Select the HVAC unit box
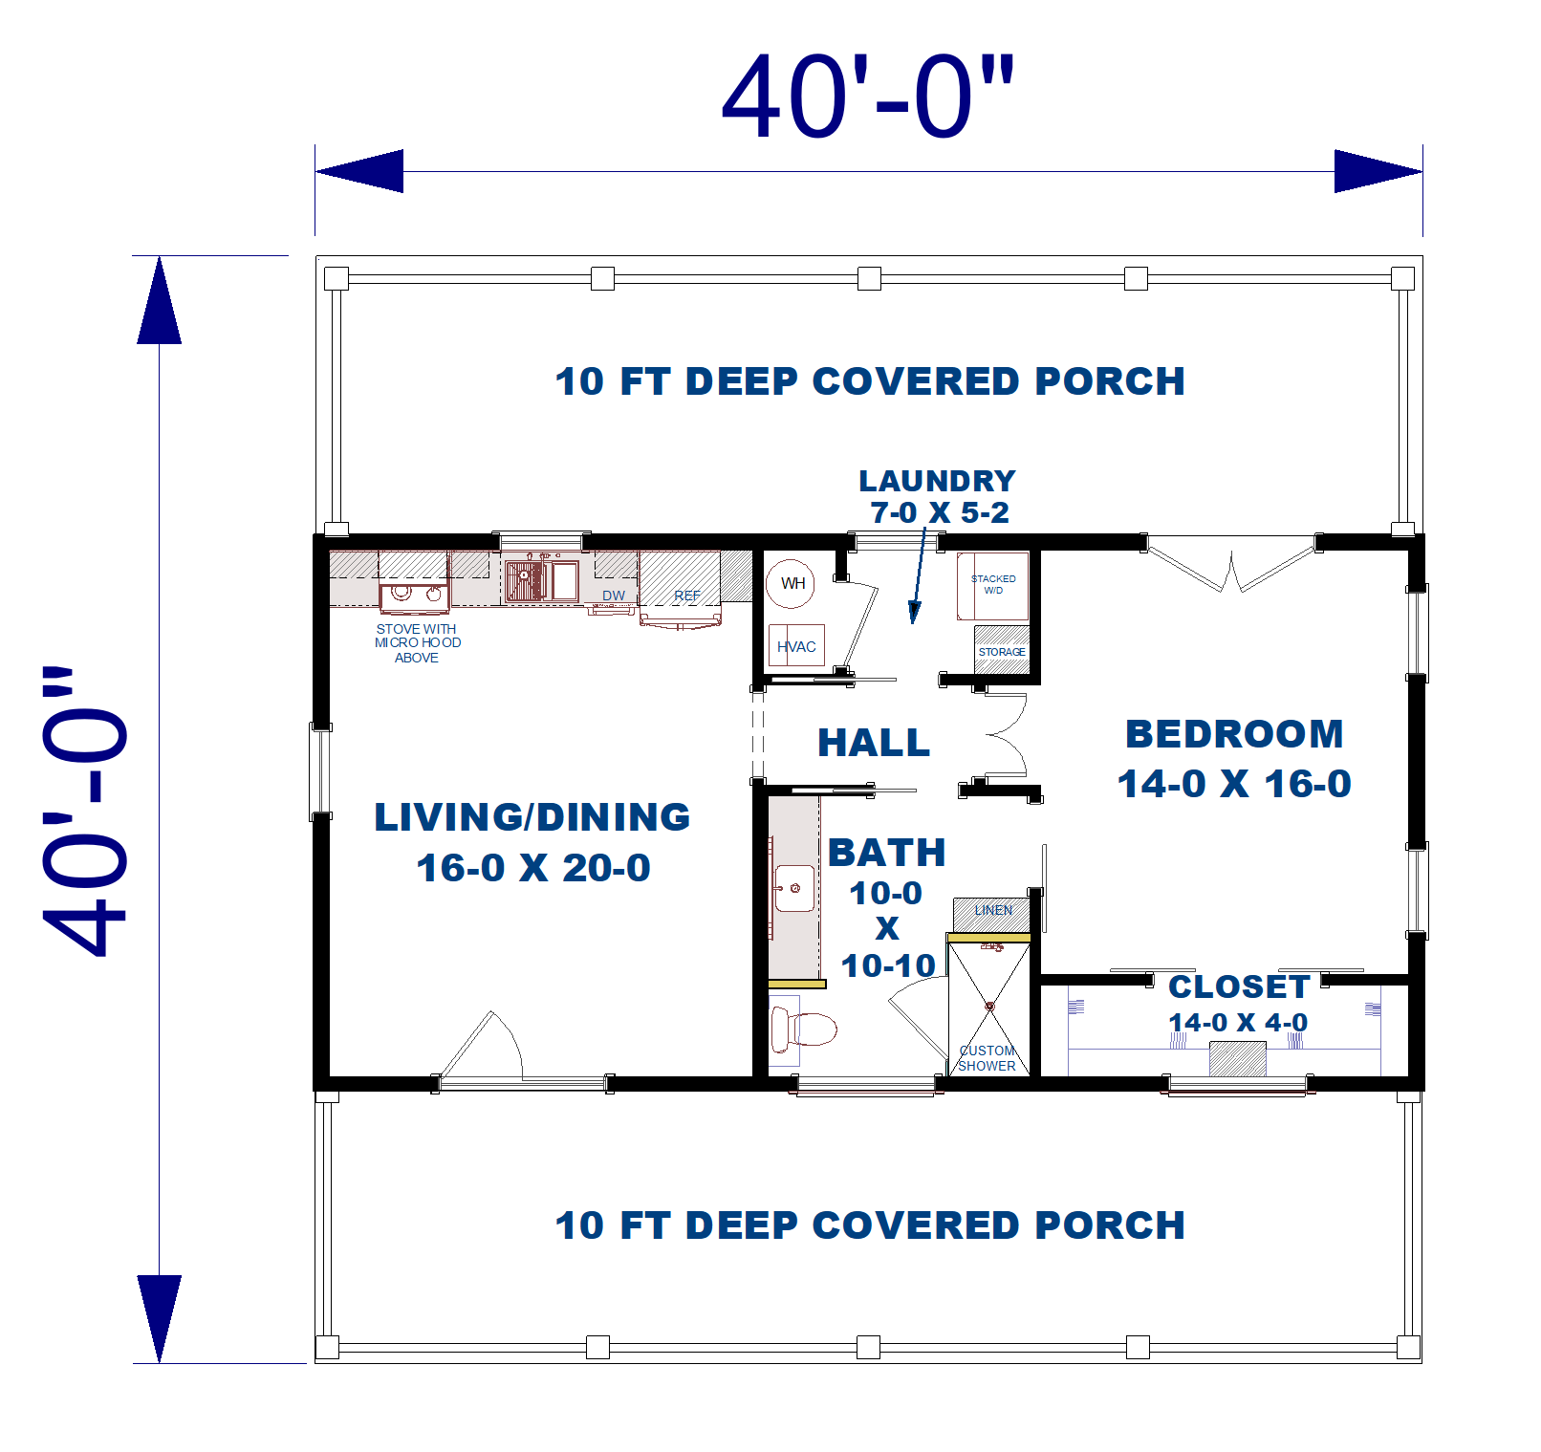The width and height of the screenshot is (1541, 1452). point(796,646)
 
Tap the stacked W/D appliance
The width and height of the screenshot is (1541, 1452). point(993,585)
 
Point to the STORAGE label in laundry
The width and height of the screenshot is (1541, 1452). point(1001,652)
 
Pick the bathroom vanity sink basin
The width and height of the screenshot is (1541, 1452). point(794,888)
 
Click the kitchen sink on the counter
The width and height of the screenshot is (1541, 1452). point(541,580)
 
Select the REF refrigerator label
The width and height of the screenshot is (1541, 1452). point(686,596)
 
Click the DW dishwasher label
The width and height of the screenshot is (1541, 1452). point(613,596)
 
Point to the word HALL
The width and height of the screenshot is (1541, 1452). point(874,743)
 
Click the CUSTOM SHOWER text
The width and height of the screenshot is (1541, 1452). point(987,1058)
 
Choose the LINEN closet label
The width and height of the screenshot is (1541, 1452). point(993,910)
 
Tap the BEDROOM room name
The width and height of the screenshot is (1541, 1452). point(1234,734)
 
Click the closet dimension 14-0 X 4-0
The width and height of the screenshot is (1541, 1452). point(1238,1023)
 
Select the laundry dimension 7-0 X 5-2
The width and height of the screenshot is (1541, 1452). point(939,513)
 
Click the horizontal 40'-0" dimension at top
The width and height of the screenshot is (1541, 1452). point(867,98)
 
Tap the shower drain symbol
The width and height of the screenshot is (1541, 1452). point(989,1007)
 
